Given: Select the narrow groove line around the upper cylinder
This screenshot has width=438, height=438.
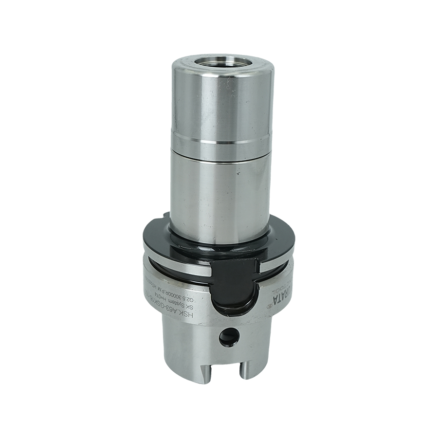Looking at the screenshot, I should [222, 142].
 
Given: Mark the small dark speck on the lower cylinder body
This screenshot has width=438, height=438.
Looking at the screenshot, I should [237, 174].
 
